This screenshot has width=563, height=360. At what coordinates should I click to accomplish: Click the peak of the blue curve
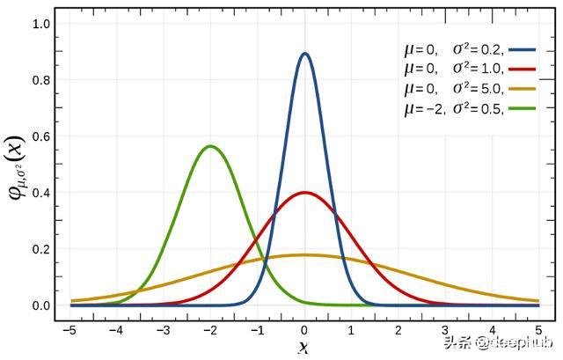click(305, 54)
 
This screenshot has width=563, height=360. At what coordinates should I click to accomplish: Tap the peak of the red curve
click(305, 192)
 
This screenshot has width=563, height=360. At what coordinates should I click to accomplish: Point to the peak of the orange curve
click(305, 255)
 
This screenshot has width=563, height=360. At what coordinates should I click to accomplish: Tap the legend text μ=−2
click(424, 108)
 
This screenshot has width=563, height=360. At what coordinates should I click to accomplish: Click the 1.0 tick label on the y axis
click(41, 24)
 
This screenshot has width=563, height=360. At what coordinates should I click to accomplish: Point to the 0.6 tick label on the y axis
click(41, 136)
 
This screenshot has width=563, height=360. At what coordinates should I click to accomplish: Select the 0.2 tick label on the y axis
click(41, 249)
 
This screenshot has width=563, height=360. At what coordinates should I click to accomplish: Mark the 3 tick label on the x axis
click(445, 329)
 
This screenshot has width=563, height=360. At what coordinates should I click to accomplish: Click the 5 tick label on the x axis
click(538, 329)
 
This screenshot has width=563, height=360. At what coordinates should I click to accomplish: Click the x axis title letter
click(304, 348)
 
